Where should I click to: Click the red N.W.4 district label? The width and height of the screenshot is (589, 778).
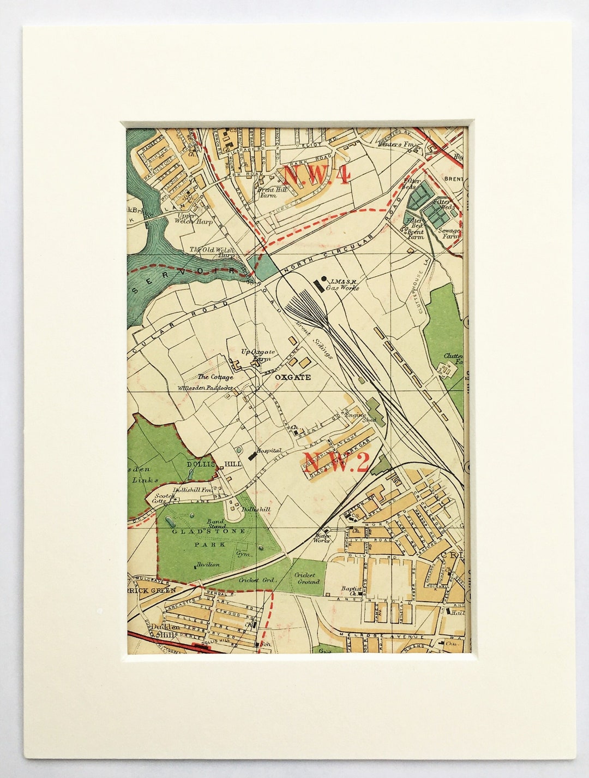[x=316, y=175]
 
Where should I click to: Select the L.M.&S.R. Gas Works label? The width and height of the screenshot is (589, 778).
[x=342, y=284]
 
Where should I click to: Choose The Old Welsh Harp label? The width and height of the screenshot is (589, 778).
[x=212, y=252]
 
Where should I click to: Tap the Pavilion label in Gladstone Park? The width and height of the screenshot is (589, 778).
[x=207, y=565]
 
